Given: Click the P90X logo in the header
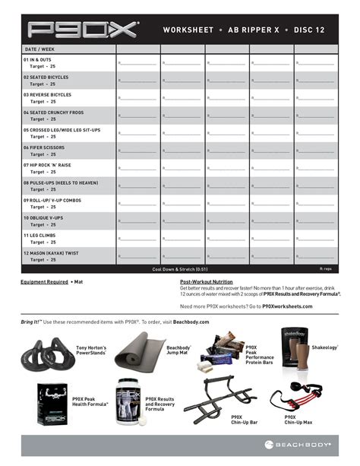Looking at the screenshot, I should pos(82,30).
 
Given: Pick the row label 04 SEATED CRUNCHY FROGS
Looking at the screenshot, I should pos(56,112).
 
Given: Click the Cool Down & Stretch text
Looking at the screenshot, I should pos(180,269).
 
